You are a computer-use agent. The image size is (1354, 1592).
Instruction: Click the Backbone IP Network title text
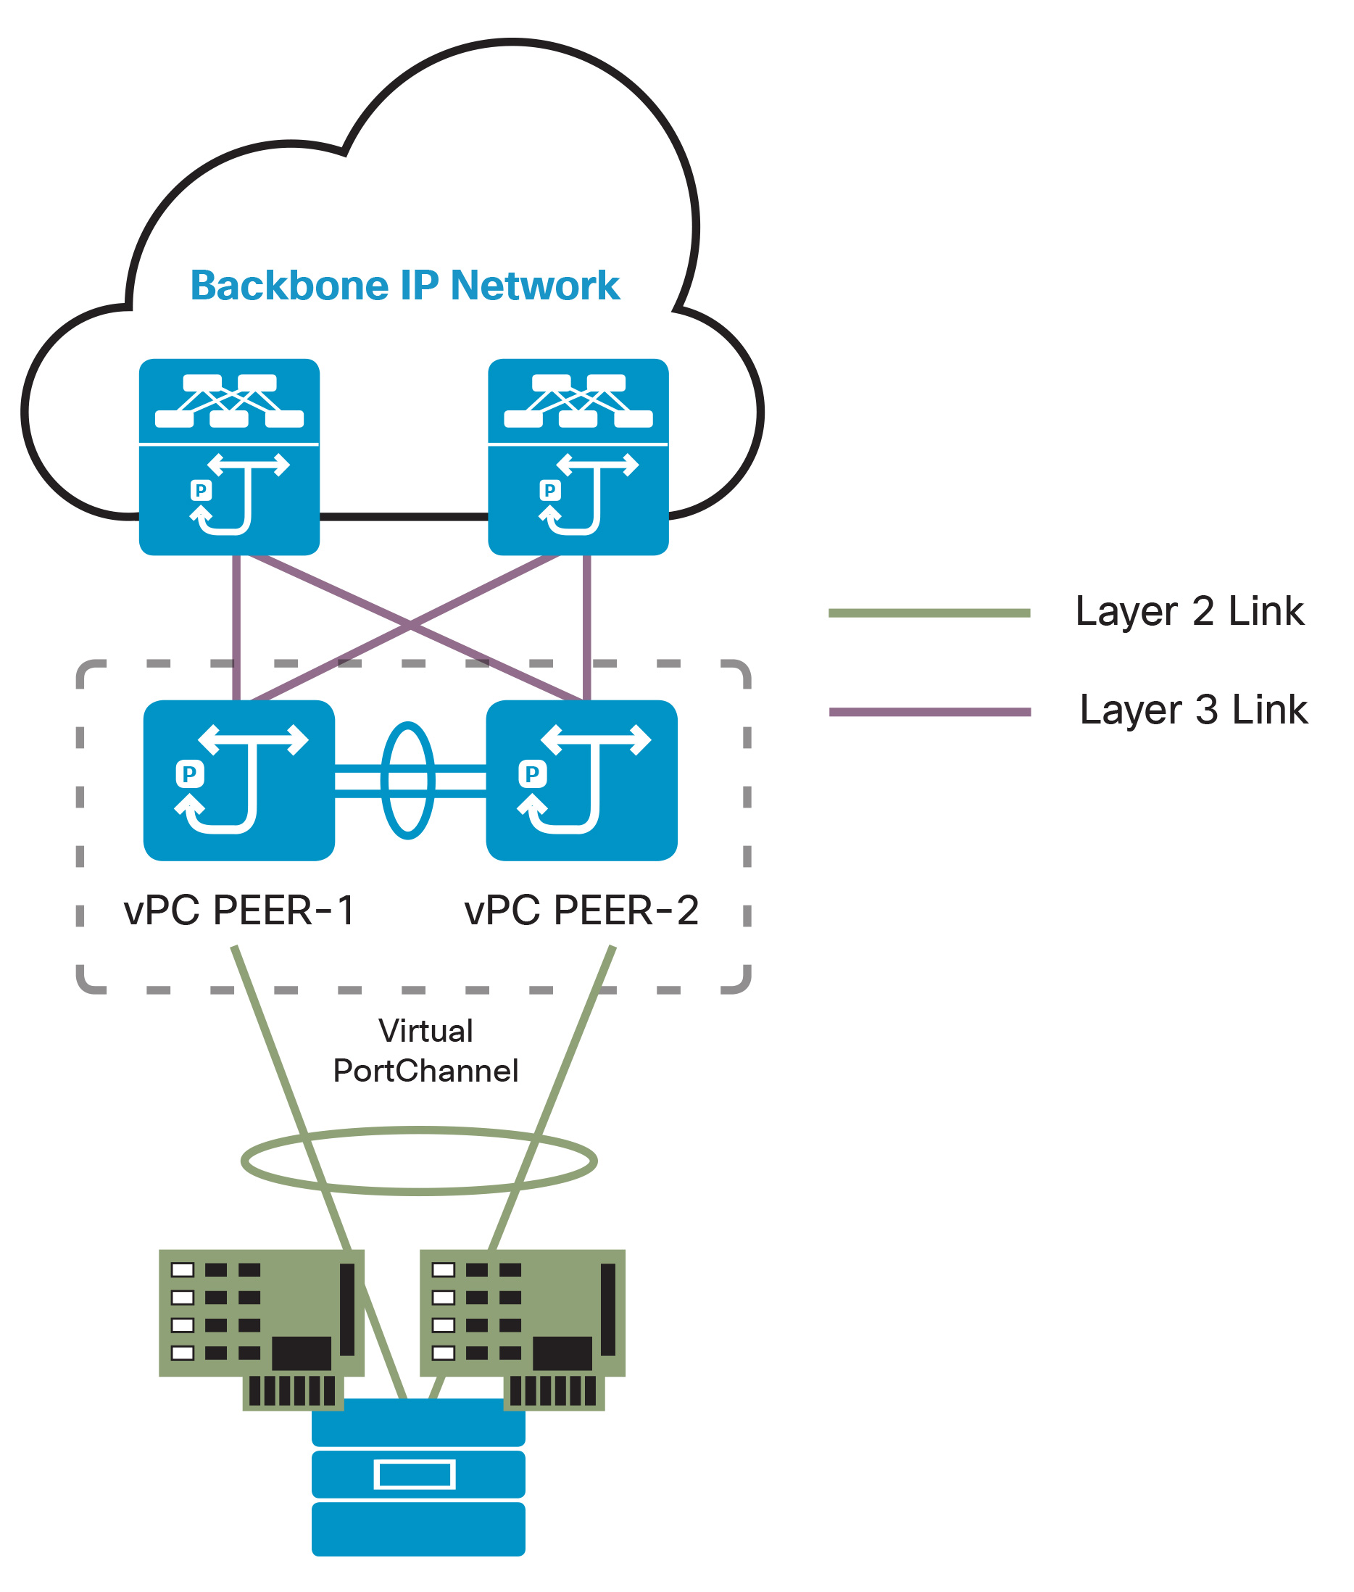404,286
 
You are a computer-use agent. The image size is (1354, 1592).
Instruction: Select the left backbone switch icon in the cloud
229,457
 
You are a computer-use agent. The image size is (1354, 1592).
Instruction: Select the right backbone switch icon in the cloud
578,457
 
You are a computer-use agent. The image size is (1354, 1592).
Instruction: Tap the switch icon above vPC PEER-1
238,780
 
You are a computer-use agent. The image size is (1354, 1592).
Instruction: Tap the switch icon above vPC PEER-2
581,780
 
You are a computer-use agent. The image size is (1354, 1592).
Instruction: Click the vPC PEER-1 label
238,911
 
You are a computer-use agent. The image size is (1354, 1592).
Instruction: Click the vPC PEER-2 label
581,911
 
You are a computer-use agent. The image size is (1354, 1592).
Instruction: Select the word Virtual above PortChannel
425,1031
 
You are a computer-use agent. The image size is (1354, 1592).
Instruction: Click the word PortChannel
425,1071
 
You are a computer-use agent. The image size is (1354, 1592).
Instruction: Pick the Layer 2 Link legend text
1189,612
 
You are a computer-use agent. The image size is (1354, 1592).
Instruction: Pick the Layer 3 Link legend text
1193,710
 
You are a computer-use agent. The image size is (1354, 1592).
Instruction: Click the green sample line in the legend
929,613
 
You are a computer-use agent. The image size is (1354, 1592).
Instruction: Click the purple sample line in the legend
929,712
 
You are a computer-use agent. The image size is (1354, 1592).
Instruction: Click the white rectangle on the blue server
415,1475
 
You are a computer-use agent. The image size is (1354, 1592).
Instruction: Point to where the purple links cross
411,625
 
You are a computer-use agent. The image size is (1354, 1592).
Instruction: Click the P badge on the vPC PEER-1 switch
190,774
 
